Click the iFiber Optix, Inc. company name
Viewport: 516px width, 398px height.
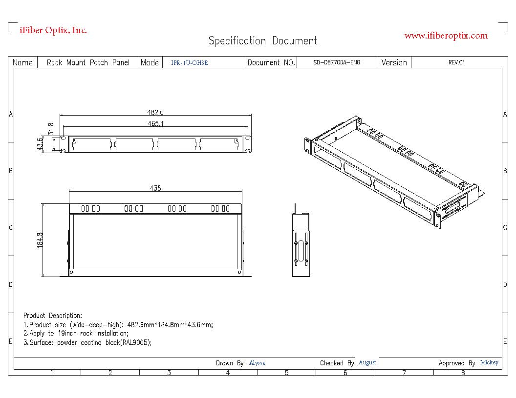click(x=53, y=30)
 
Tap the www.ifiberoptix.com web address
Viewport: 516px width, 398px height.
click(x=446, y=36)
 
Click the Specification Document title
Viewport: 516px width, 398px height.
click(x=263, y=41)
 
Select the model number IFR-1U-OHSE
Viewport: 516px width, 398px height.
click(x=189, y=63)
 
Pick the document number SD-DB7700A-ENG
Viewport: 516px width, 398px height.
click(x=337, y=62)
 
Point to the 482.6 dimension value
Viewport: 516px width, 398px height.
click(x=155, y=113)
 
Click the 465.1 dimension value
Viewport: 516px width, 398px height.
click(x=155, y=124)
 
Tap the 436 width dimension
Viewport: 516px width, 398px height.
click(x=155, y=188)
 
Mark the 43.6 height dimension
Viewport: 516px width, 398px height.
click(x=40, y=144)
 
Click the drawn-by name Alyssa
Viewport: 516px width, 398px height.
click(x=257, y=363)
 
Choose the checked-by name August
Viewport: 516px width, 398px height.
click(x=367, y=363)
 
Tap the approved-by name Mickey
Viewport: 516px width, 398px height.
click(x=489, y=363)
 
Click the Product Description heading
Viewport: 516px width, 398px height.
click(x=53, y=316)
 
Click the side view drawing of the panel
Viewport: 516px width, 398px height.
click(x=301, y=244)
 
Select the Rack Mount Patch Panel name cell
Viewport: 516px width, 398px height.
click(x=88, y=62)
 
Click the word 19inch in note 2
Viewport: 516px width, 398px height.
click(x=67, y=334)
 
